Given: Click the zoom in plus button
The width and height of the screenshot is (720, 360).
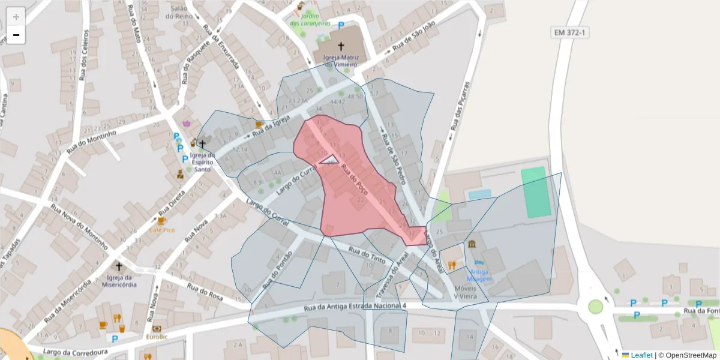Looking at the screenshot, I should point(16,17).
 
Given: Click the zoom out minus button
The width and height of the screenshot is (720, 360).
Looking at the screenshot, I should point(16,35).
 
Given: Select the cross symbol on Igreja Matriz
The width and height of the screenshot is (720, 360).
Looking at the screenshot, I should point(341,46).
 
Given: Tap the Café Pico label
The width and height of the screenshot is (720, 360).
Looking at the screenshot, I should point(162,230).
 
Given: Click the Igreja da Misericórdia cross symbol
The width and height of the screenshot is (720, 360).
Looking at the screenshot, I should point(118,266).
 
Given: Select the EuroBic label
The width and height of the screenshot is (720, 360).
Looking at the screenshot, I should point(157,337).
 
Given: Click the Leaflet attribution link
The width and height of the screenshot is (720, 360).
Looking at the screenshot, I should point(641,355).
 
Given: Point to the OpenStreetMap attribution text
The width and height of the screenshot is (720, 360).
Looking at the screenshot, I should point(690,355).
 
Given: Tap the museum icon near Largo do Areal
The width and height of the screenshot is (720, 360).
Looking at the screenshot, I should point(472,244).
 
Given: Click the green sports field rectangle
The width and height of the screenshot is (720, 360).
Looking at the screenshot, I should point(535,193).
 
